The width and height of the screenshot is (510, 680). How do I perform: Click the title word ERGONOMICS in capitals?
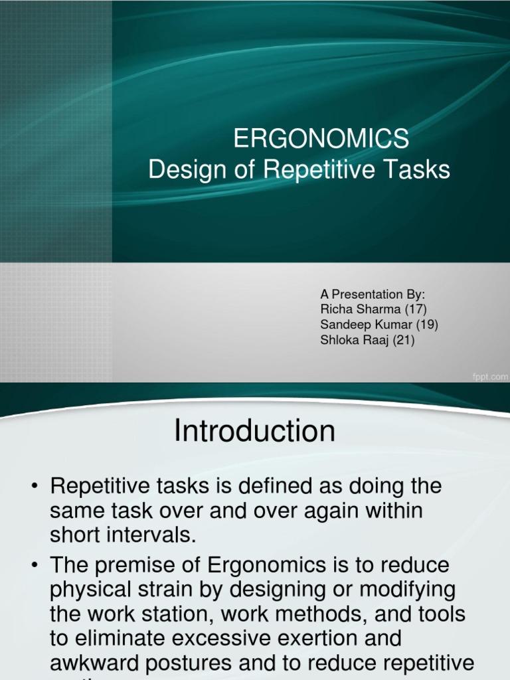coord(321,139)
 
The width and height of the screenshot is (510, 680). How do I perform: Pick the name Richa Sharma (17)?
coord(373,309)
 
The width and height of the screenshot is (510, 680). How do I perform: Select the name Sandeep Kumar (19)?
coord(379,325)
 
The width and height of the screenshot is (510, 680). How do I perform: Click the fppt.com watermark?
coord(489,377)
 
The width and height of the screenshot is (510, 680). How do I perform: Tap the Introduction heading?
coord(254,432)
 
